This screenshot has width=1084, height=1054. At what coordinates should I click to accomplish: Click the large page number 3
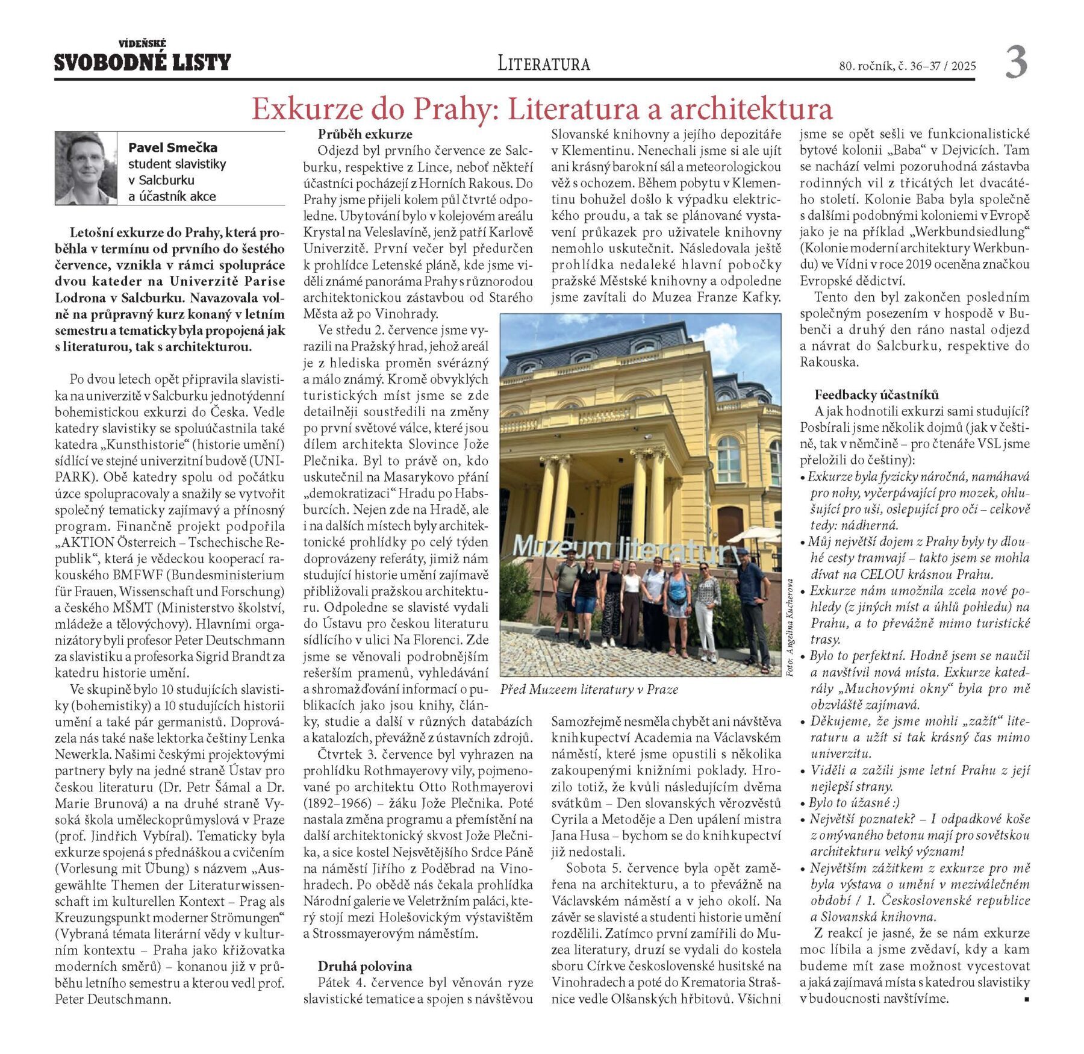(x=1016, y=63)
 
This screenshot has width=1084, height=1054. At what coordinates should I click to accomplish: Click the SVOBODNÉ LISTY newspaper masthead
(x=143, y=63)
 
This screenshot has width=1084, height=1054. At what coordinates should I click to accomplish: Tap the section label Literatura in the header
(x=543, y=63)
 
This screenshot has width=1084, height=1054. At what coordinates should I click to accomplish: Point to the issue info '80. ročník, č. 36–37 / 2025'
(x=907, y=66)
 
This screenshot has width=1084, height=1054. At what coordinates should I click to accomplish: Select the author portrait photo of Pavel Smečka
(x=86, y=168)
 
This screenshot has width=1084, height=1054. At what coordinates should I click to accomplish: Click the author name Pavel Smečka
(x=173, y=148)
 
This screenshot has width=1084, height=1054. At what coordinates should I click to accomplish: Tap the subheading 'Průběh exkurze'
(x=365, y=134)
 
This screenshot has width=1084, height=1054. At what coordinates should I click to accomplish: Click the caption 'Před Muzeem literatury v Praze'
(x=588, y=690)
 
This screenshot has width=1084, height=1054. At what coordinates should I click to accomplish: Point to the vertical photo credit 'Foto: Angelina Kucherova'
(x=790, y=627)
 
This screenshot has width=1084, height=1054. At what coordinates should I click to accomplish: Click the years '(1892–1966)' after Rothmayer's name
(x=332, y=803)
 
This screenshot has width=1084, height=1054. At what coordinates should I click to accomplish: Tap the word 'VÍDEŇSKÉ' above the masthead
(x=143, y=43)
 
